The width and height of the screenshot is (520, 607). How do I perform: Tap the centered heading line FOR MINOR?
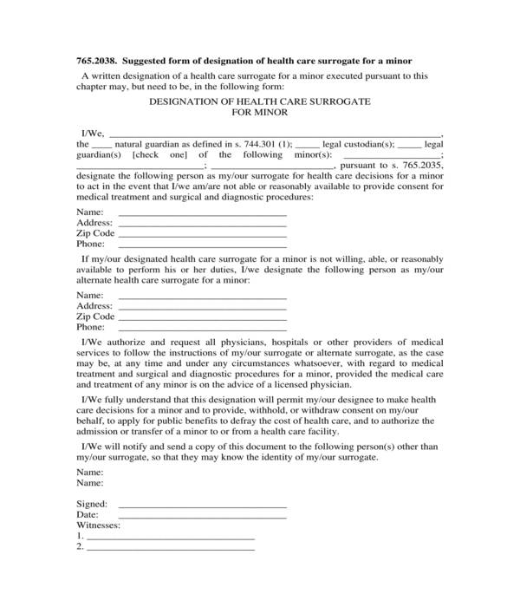(x=260, y=113)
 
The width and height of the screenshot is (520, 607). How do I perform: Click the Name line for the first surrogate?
(x=202, y=213)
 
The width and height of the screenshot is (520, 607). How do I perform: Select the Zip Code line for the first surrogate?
(x=202, y=234)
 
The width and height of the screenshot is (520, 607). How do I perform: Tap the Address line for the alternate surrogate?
(x=202, y=307)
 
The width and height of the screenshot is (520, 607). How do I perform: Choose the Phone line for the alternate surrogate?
(x=202, y=328)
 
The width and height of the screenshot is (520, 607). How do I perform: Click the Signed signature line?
(x=202, y=505)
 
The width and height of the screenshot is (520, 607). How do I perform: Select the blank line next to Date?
(x=202, y=515)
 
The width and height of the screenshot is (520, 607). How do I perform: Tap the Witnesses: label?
(x=99, y=525)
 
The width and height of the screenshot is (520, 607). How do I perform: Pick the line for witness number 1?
(x=171, y=538)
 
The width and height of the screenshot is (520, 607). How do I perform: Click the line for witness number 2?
(x=171, y=548)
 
